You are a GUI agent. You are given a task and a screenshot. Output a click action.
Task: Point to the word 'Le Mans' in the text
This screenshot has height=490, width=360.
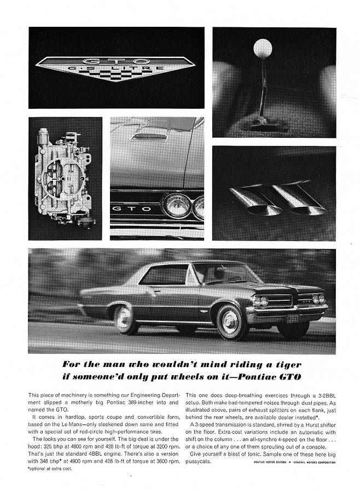pyautogui.click(x=89, y=417)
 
